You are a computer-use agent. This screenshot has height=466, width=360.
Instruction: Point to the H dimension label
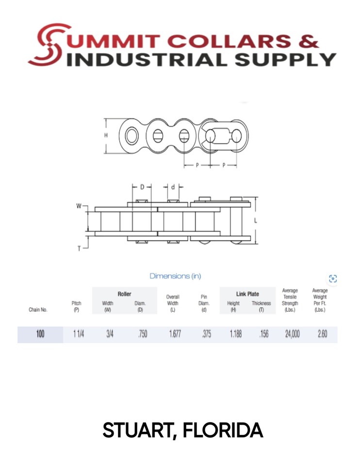106,135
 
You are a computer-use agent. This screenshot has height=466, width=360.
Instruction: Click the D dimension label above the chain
142,187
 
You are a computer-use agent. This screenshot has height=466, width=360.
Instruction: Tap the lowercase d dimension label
173,187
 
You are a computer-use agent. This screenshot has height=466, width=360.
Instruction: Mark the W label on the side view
79,206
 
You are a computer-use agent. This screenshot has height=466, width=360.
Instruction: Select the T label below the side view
79,249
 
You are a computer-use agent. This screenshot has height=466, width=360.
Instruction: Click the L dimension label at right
256,221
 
